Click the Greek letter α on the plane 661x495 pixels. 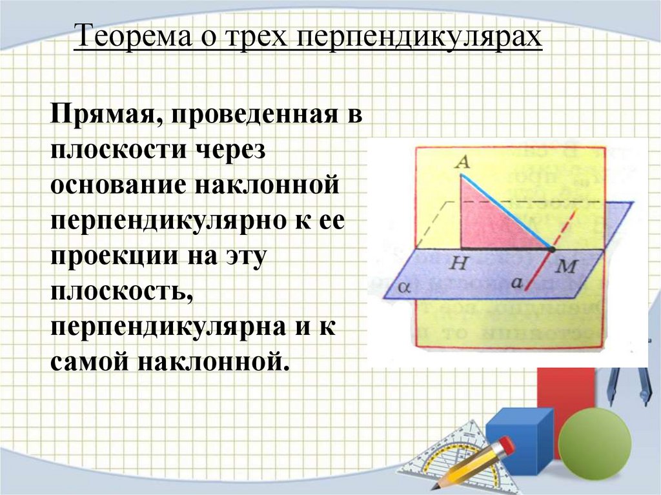pos(404,287)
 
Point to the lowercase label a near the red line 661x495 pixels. pos(516,281)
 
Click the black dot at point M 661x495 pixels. pos(552,248)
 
